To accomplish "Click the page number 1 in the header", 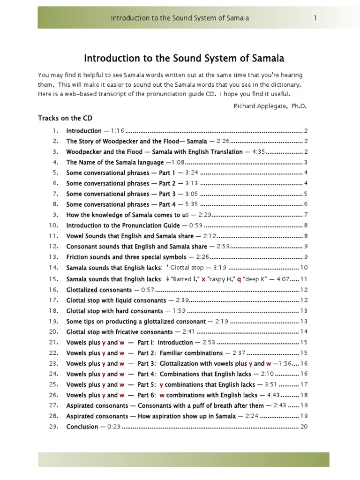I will tap(316, 18).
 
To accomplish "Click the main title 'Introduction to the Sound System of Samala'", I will tap(184, 58).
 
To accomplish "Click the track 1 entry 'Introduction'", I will tap(84, 131).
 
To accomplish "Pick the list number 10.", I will tap(53, 225).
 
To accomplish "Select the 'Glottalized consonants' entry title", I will tap(99, 290).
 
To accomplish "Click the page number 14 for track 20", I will tap(303, 332).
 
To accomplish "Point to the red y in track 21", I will tap(104, 342).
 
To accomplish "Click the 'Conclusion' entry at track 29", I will tap(82, 427).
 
